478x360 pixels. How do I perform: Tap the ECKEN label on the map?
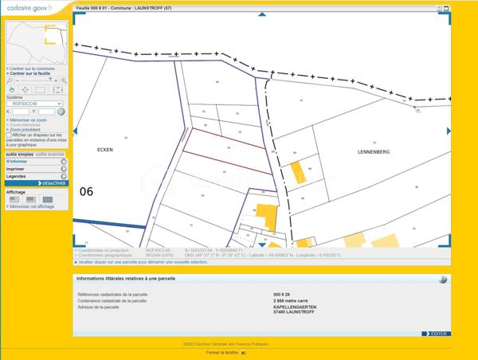[105, 150]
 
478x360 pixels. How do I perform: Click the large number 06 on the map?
[87, 191]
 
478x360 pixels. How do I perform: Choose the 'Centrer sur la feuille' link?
[33, 73]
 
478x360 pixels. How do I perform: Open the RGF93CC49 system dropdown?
[37, 104]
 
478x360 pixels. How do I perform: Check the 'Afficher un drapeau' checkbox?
[9, 135]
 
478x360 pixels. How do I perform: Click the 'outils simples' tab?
[19, 154]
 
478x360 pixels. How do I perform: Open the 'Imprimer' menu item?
[16, 169]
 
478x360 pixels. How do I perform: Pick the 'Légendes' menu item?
[17, 176]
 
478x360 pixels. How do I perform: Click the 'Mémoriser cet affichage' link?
[32, 206]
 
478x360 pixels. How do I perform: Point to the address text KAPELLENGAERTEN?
[294, 307]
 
